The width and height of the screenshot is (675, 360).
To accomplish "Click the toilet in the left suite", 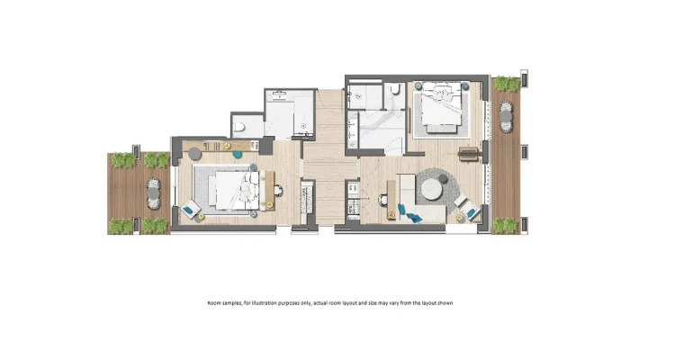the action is tap(239, 127).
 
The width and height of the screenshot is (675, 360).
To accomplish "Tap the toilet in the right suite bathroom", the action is tap(396, 89).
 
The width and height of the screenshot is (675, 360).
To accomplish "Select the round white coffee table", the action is tap(432, 189).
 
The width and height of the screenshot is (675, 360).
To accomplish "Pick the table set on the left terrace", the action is tap(153, 194).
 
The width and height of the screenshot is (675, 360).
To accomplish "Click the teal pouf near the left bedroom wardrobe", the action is tap(237, 154).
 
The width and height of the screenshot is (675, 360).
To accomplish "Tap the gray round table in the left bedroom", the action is tap(194, 153).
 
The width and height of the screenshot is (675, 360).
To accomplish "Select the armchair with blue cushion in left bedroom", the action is tap(190, 210).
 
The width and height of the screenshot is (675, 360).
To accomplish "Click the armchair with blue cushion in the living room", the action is tap(469, 210).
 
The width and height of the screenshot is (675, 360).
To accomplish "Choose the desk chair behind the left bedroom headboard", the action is tap(278, 190).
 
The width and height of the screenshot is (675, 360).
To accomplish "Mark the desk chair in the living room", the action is tap(382, 199).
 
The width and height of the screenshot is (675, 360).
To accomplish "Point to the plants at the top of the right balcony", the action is tap(507, 84).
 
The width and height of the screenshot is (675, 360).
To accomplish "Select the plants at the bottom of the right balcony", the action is tap(506, 226).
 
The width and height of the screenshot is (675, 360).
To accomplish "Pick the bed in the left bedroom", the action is tap(235, 191).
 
